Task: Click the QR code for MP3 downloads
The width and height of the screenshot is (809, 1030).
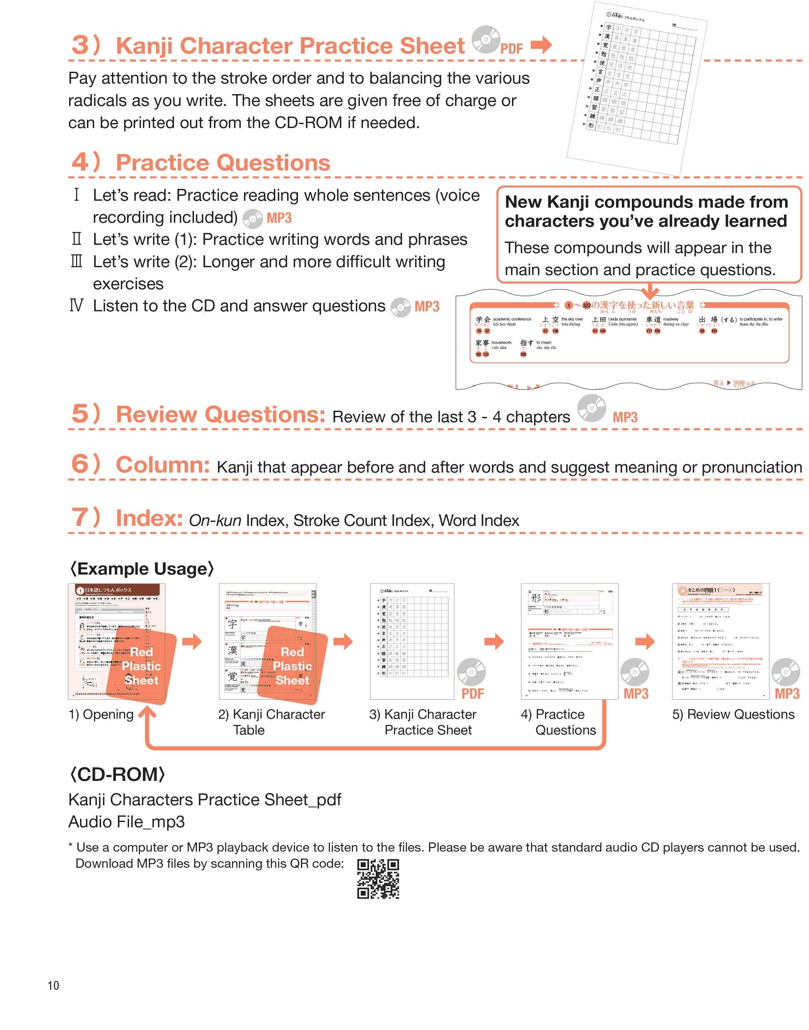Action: (378, 879)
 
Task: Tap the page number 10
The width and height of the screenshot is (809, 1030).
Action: (53, 986)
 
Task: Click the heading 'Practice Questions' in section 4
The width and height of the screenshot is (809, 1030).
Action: (223, 163)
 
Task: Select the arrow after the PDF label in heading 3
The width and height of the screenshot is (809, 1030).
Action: (541, 45)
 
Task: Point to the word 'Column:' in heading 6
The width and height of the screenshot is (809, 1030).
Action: (162, 465)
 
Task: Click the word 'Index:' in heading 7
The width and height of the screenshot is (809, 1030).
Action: (149, 518)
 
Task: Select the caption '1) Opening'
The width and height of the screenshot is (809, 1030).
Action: (101, 714)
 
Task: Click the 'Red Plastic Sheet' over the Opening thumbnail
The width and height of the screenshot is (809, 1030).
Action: (141, 666)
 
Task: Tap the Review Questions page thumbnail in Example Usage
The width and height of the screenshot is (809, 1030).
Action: (720, 641)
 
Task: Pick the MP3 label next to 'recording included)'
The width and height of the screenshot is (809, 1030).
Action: (279, 218)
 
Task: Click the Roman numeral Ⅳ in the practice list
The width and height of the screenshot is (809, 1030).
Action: (76, 306)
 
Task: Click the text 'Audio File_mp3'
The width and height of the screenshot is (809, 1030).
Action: (126, 822)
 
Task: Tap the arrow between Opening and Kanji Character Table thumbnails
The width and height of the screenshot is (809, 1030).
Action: (192, 642)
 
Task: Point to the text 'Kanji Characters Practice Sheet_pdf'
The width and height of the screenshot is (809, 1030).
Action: (204, 799)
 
